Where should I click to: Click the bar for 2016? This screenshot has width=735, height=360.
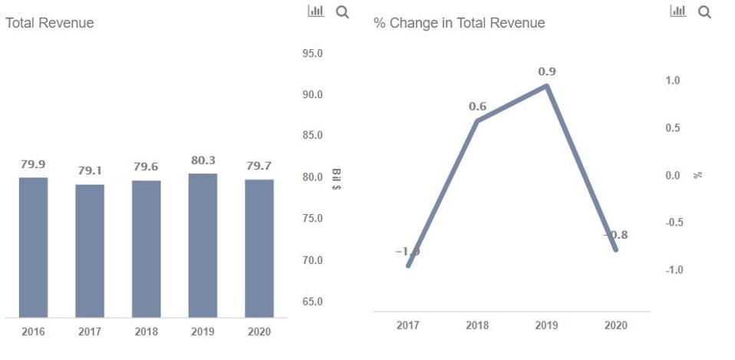pos(33,247)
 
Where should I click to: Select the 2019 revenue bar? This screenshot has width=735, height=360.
pos(203,245)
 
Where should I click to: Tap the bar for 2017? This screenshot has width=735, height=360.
pos(90,250)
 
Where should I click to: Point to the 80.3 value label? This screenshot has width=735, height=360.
pos(203,161)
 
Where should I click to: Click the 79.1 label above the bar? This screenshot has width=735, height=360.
pos(90,170)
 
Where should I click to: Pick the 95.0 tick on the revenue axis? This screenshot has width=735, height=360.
pos(312,54)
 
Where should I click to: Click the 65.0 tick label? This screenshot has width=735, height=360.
pos(312,302)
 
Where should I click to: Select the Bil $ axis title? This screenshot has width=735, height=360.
pos(337,179)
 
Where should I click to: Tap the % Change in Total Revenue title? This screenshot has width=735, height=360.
pos(459,23)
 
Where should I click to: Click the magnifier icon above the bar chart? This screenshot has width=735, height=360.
pos(342,12)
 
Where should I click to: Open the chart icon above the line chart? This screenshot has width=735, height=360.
pos(678,12)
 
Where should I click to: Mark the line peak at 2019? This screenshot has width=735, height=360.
pos(546,85)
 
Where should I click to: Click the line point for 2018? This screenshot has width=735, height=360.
pos(477,121)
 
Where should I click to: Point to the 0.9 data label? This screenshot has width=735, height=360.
pos(547,71)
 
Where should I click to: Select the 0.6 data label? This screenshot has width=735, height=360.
pos(478,107)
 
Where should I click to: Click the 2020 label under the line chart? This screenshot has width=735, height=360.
pos(615,325)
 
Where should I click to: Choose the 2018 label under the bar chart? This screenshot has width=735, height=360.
pos(146,332)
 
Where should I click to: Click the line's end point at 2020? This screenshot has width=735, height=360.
pos(615,249)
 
